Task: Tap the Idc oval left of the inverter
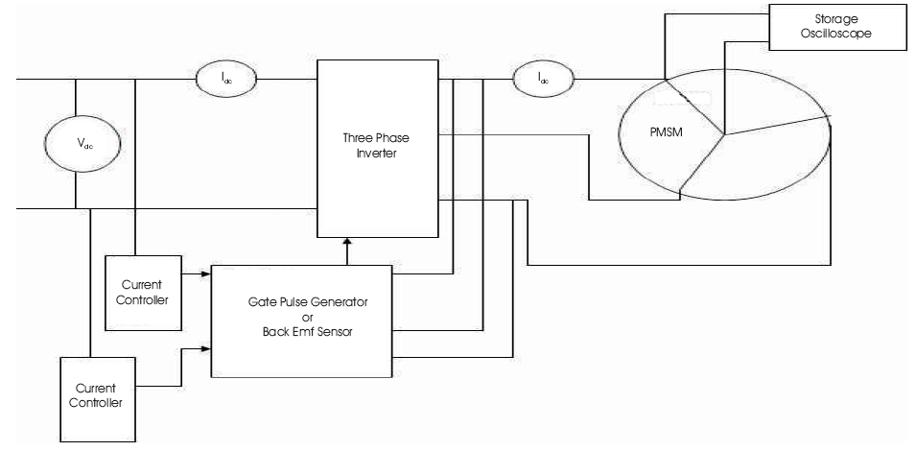coord(226,79)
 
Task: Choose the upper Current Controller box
coord(141,292)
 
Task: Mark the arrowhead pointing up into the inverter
coord(345,244)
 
